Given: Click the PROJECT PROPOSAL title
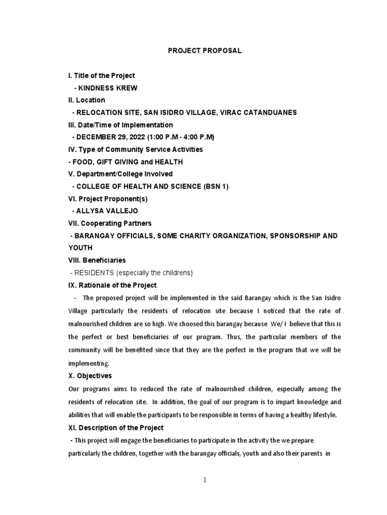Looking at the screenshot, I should (x=205, y=51).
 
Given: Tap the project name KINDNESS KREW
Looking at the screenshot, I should (x=105, y=88).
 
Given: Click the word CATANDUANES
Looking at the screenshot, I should (x=282, y=113).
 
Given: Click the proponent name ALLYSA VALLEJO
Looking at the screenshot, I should (x=107, y=211).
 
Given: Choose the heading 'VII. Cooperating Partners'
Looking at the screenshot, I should (x=110, y=223).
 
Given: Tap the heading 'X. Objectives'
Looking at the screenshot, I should (x=90, y=376).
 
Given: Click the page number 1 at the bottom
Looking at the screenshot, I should (x=205, y=480).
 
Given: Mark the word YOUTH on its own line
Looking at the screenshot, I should (x=80, y=248).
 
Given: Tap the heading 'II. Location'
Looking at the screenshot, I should (x=87, y=100).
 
